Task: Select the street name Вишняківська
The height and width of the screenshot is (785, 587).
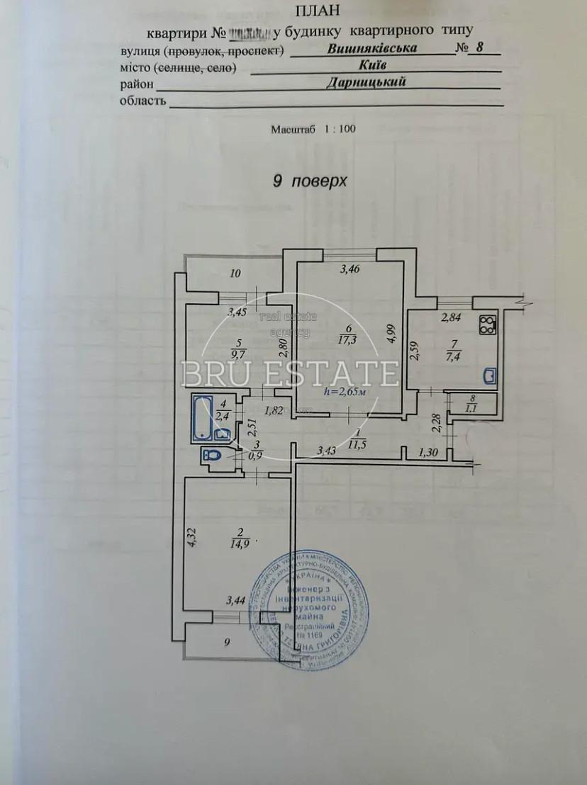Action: coord(372,49)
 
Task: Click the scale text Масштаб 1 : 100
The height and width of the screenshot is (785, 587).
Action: coord(313,130)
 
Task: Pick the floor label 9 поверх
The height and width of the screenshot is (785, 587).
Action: coord(310,181)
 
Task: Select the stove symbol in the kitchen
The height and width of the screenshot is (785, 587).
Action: coord(488,325)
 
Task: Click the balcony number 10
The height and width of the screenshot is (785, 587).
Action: coord(236,273)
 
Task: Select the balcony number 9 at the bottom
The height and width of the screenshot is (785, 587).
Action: coord(227,643)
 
